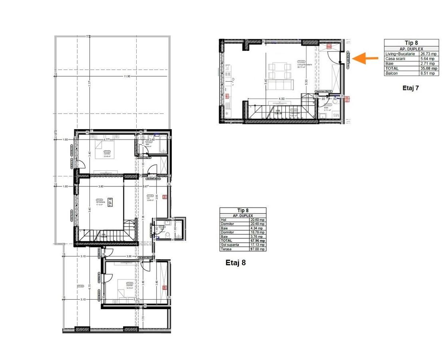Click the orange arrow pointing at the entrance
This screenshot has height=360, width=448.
click(x=366, y=58)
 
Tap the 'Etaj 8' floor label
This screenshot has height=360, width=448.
click(x=235, y=263)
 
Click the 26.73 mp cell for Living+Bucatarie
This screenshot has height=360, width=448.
click(x=428, y=54)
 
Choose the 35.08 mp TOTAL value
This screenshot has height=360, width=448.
click(x=428, y=68)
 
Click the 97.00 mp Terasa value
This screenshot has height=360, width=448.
click(x=257, y=249)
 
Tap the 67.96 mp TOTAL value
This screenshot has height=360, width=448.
click(x=257, y=241)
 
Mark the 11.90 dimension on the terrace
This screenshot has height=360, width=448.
click(x=127, y=76)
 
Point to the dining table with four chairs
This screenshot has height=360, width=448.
click(x=277, y=70)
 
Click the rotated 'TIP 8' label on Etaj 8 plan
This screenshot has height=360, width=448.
click(x=110, y=202)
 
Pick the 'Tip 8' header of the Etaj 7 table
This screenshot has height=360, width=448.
click(x=411, y=43)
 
